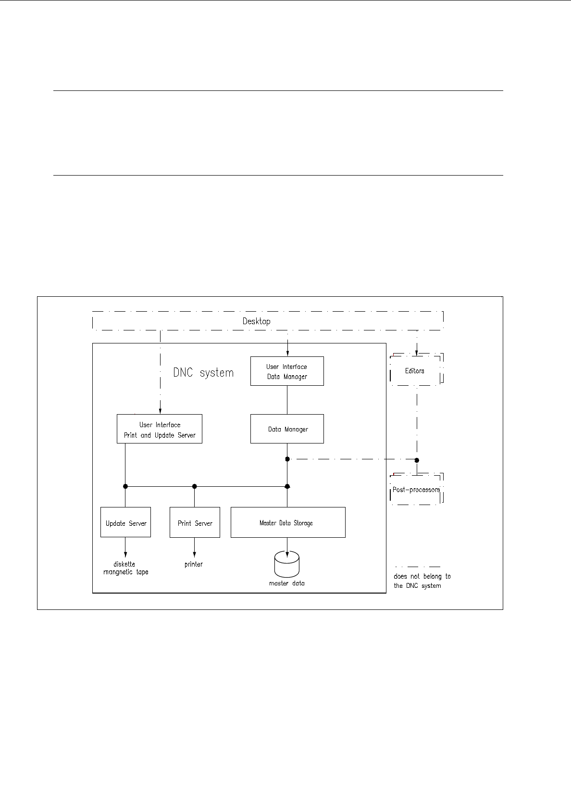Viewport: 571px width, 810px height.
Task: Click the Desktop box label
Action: click(x=256, y=321)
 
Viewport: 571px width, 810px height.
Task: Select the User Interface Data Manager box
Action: click(x=287, y=371)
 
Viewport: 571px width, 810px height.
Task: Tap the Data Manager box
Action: click(x=287, y=429)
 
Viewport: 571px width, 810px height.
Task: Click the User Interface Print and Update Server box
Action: click(x=160, y=429)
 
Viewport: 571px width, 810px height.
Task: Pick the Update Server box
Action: click(x=125, y=523)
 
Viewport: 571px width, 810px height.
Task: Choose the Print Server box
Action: click(x=195, y=523)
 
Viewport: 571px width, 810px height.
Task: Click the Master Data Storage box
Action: click(x=287, y=523)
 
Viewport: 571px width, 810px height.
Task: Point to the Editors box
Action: click(x=415, y=370)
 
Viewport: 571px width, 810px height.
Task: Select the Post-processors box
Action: click(x=416, y=490)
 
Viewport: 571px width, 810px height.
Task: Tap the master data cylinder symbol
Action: click(x=286, y=565)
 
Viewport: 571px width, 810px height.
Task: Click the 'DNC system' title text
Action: click(x=203, y=373)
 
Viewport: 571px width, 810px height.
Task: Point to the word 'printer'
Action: click(x=194, y=564)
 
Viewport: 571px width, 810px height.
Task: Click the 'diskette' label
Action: click(x=124, y=564)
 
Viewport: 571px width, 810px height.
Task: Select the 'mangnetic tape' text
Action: click(x=126, y=572)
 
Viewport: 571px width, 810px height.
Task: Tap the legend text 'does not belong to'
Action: click(x=422, y=576)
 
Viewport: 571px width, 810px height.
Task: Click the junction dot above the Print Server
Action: click(x=194, y=486)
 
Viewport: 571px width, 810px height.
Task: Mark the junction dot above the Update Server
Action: click(x=125, y=486)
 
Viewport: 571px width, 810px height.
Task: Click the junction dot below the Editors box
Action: click(x=417, y=460)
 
